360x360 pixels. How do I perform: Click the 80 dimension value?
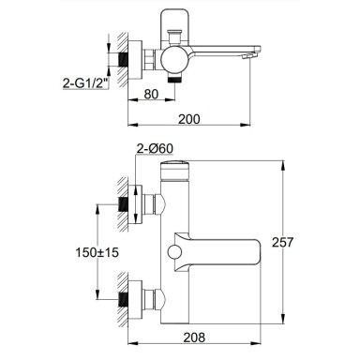[152, 94]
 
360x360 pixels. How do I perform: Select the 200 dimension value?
[189, 119]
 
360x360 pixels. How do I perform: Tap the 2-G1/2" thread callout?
[85, 83]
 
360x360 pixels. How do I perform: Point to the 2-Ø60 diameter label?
[155, 149]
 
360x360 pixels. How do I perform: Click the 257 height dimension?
[283, 242]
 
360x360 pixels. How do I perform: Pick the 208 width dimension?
[194, 337]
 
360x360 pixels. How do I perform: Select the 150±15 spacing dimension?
[97, 252]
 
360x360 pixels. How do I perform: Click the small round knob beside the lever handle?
[173, 252]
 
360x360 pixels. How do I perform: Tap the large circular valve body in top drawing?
[175, 60]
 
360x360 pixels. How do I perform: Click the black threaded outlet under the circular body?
[175, 79]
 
